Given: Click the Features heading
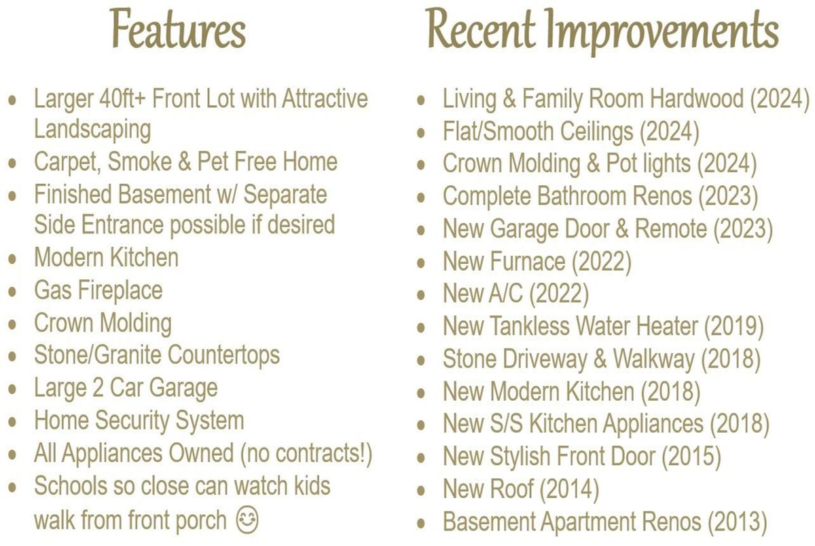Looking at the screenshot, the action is pyautogui.click(x=177, y=28).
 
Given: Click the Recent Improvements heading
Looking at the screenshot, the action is pyautogui.click(x=602, y=31).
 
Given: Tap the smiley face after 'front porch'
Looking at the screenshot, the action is pyautogui.click(x=247, y=520).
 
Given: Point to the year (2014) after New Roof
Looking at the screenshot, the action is pyautogui.click(x=569, y=489).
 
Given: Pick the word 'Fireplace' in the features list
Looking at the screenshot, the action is pyautogui.click(x=120, y=290).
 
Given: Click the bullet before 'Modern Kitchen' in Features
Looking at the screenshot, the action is pyautogui.click(x=12, y=259).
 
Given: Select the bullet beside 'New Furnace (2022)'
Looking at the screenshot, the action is pyautogui.click(x=421, y=262).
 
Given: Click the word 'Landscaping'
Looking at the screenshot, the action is pyautogui.click(x=92, y=130).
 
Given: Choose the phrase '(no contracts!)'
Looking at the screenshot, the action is pyautogui.click(x=306, y=453).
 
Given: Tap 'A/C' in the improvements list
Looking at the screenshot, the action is pyautogui.click(x=506, y=293).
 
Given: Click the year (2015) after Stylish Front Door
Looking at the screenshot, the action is pyautogui.click(x=691, y=456).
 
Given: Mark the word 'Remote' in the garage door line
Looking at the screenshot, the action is pyautogui.click(x=671, y=229).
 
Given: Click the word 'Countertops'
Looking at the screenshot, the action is pyautogui.click(x=223, y=355).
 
